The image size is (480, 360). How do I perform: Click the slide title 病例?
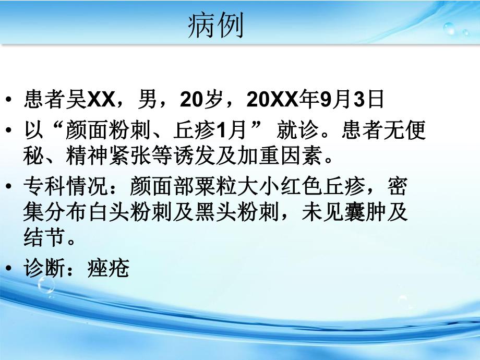215,26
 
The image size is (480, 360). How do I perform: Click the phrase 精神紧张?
108,155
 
